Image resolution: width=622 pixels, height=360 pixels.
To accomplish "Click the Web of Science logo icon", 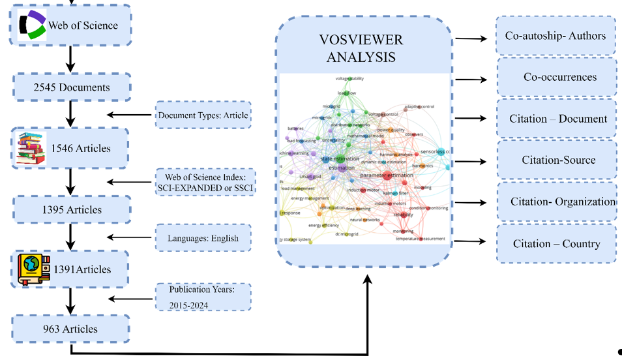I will (x=32, y=25).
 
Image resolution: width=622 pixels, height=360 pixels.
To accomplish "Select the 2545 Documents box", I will (x=72, y=87).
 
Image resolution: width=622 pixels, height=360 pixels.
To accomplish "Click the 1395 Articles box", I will (x=72, y=209).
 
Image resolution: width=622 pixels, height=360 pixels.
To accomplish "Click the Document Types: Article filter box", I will (x=203, y=115).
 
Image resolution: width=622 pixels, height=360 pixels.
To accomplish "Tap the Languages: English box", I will (x=203, y=238).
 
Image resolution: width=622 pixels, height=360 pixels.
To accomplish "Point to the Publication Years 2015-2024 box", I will (x=202, y=297).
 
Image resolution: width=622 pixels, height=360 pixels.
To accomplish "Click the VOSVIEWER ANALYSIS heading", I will (x=361, y=48).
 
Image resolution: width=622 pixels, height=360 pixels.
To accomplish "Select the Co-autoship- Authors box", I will (x=555, y=36).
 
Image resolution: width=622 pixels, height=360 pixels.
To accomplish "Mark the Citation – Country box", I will (x=555, y=243).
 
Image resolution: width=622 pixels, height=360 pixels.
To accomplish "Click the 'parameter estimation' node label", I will (x=386, y=175).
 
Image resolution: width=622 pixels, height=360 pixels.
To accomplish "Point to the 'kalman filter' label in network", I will (x=395, y=193).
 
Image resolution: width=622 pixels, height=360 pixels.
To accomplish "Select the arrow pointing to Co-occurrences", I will (x=471, y=80).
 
